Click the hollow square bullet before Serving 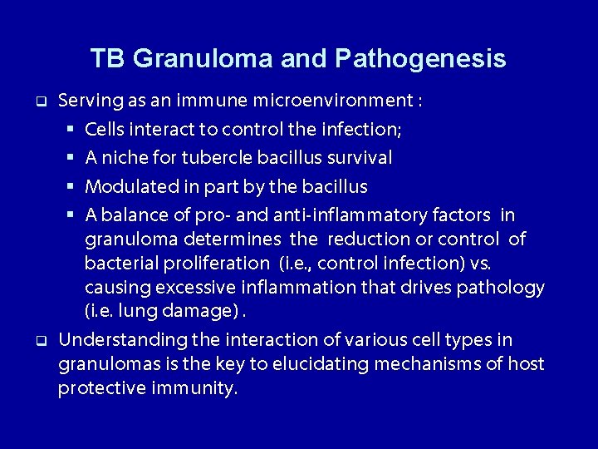tap(39, 102)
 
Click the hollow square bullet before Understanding tap(39, 341)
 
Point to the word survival tap(360, 158)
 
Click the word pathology tap(502, 289)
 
